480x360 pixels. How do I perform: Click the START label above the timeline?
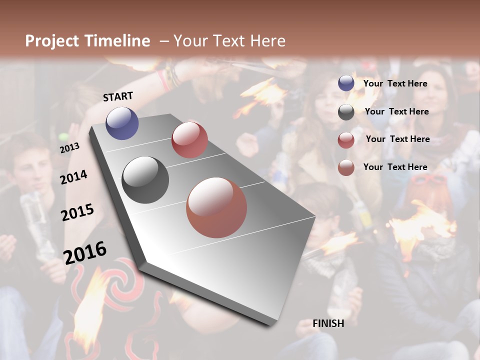coord(118,96)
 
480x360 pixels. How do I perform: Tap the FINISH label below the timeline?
coord(328,323)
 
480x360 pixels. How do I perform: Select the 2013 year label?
coord(69,148)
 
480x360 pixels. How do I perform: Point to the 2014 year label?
coord(73,177)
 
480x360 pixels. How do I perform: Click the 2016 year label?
coord(85,252)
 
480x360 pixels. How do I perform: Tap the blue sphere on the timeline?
coord(122,123)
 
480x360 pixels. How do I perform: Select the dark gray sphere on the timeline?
coord(145,180)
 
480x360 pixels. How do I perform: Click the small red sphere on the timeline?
coord(189,139)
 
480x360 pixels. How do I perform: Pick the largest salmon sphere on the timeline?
coord(216,207)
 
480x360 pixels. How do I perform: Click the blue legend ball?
coord(346,83)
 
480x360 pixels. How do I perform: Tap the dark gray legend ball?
coord(346,112)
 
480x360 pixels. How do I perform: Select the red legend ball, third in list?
coord(346,140)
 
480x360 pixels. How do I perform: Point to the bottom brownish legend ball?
coord(346,167)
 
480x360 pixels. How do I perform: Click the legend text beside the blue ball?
coord(395,83)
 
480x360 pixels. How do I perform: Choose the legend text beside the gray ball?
coord(396,111)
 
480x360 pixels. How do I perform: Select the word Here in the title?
coord(268,41)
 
